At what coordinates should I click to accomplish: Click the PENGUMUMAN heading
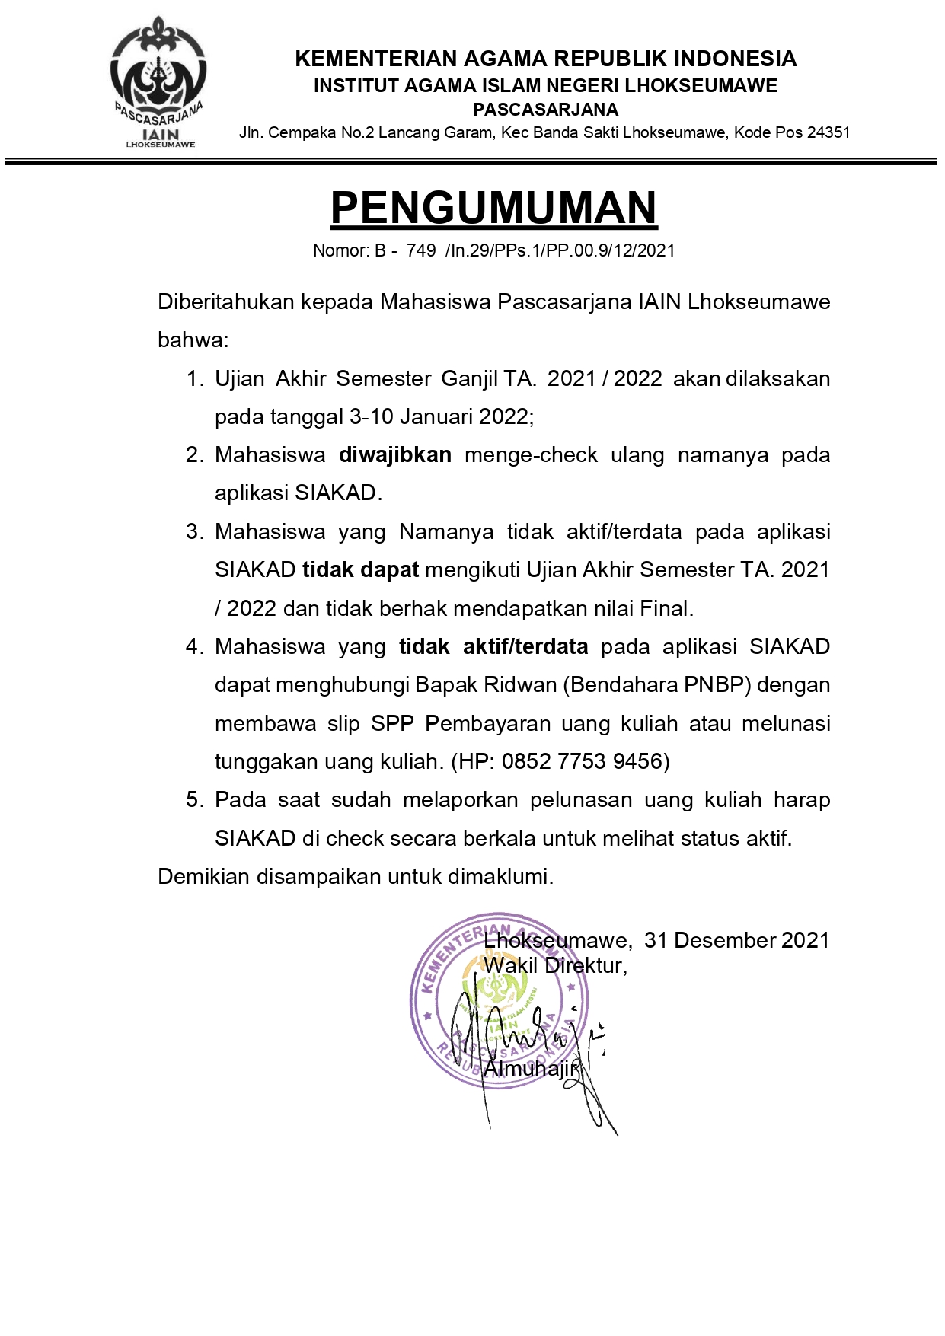(x=493, y=208)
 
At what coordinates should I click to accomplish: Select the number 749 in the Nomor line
(x=421, y=250)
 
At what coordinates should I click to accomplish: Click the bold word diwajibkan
(x=394, y=455)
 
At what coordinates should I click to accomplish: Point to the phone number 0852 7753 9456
(x=582, y=761)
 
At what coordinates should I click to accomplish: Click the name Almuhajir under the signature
(x=531, y=1069)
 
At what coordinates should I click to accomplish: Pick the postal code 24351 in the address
(x=828, y=132)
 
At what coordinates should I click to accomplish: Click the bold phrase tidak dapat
(x=360, y=570)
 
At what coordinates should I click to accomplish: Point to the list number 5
(x=194, y=800)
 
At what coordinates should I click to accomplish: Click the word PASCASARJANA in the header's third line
(x=545, y=110)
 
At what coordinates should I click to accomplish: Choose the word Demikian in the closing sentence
(x=203, y=877)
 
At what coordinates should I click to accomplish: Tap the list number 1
(x=194, y=379)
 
